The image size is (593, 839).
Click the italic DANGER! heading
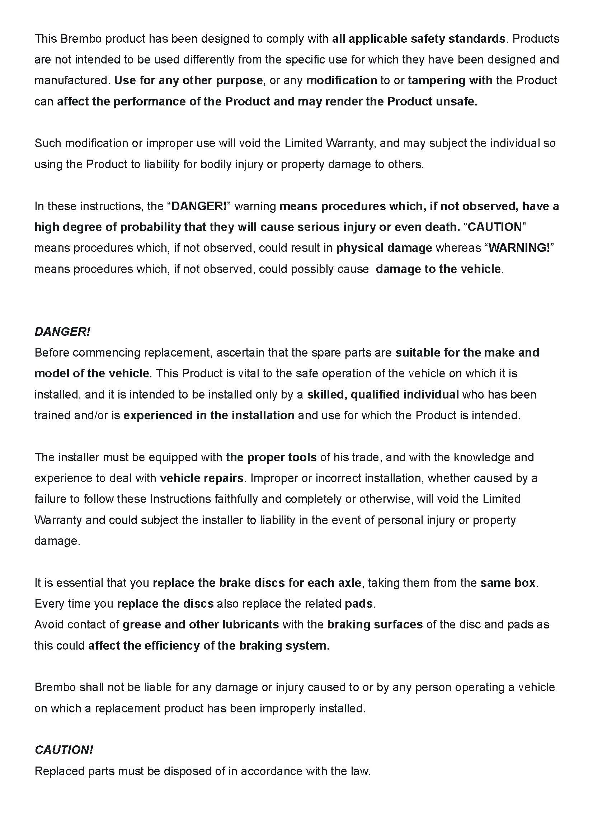[x=62, y=332]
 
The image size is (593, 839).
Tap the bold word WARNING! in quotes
[x=519, y=248]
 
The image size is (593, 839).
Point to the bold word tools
[x=302, y=457]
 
